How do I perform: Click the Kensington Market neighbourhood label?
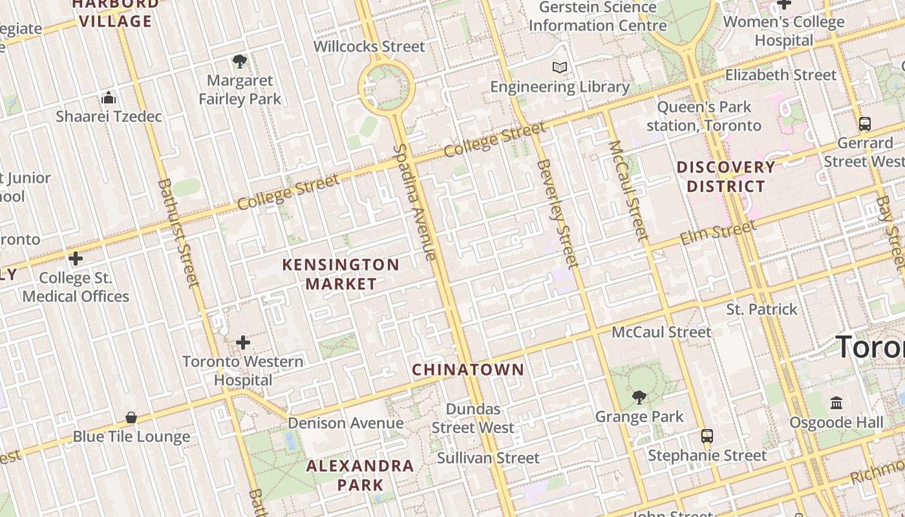click(341, 274)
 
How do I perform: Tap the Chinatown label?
click(468, 370)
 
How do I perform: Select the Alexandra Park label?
click(360, 475)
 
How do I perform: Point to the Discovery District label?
click(725, 176)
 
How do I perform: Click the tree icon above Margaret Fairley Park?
click(240, 61)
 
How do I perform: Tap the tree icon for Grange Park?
click(639, 397)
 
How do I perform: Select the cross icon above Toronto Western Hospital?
click(243, 342)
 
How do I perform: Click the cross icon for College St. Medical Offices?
click(76, 258)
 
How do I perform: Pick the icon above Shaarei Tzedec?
click(109, 98)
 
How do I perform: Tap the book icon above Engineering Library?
click(560, 67)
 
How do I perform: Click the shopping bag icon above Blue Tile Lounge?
click(131, 417)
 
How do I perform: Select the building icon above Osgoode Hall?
click(836, 403)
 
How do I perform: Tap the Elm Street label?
click(718, 233)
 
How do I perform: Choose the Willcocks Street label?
click(369, 47)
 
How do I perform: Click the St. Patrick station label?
click(761, 310)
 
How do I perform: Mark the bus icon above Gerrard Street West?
click(864, 123)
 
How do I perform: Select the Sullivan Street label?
click(488, 458)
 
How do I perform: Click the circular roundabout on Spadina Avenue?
click(386, 85)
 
